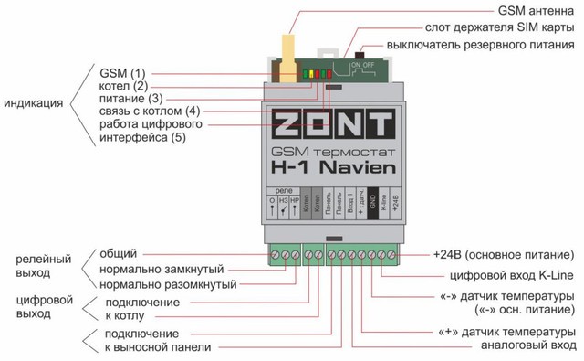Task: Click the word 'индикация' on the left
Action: point(34,104)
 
